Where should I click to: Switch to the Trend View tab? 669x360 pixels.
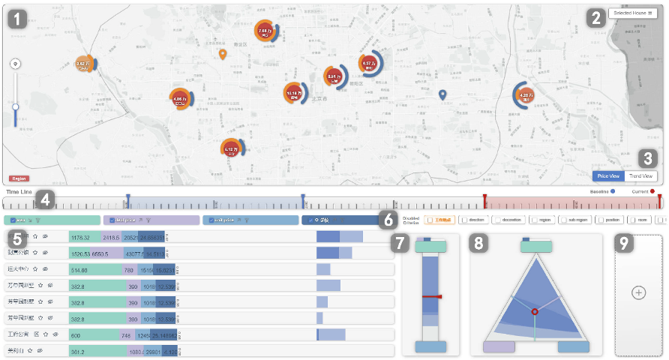[x=641, y=176]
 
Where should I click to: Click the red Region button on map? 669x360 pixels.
[x=19, y=179]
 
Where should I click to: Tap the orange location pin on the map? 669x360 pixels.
[x=222, y=53]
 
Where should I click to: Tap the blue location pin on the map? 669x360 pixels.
[x=442, y=94]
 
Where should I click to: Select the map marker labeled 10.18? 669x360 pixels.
[x=293, y=94]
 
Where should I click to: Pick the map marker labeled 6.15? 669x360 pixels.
[x=231, y=148]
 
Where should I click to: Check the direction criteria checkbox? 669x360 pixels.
[x=463, y=220]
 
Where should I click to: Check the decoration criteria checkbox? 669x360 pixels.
[x=496, y=220]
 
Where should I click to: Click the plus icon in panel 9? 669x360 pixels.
[x=638, y=292]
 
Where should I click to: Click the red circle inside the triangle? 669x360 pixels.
[x=535, y=310]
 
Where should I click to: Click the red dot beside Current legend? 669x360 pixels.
[x=653, y=192]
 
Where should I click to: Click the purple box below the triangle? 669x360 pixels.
[x=499, y=346]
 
